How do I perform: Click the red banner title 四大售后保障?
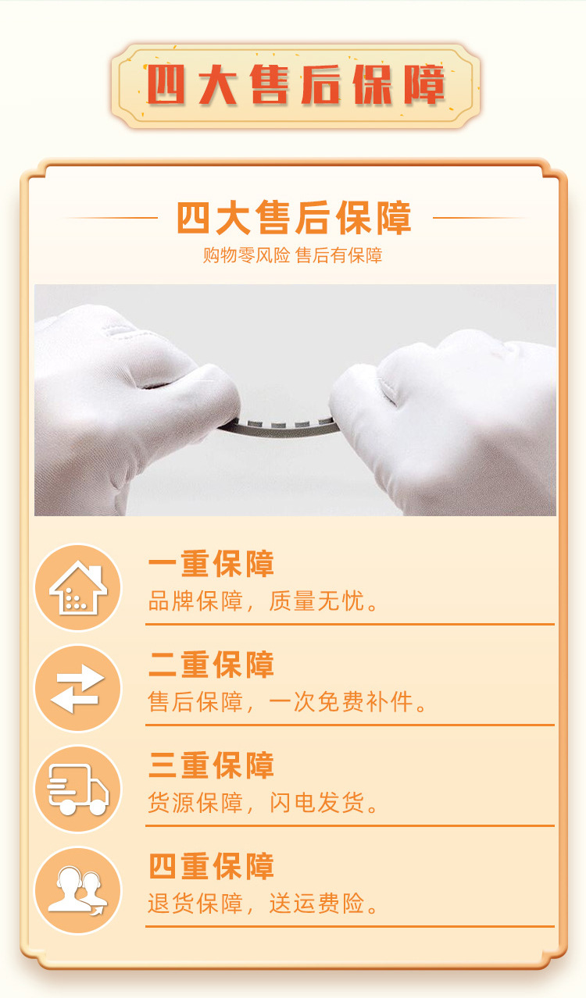point(295,86)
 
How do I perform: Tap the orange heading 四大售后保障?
point(294,218)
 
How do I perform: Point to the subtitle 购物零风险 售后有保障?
point(292,255)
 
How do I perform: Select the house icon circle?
point(78,588)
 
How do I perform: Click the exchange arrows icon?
point(78,689)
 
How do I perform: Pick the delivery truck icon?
point(78,789)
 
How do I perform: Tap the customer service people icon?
point(78,890)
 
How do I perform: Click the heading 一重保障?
point(211,565)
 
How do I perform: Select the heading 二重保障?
point(211,665)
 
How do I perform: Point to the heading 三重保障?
point(211,766)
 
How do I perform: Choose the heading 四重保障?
point(211,867)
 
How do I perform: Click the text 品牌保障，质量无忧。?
point(263,602)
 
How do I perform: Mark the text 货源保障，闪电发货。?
point(263,803)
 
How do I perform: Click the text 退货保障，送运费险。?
point(263,904)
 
